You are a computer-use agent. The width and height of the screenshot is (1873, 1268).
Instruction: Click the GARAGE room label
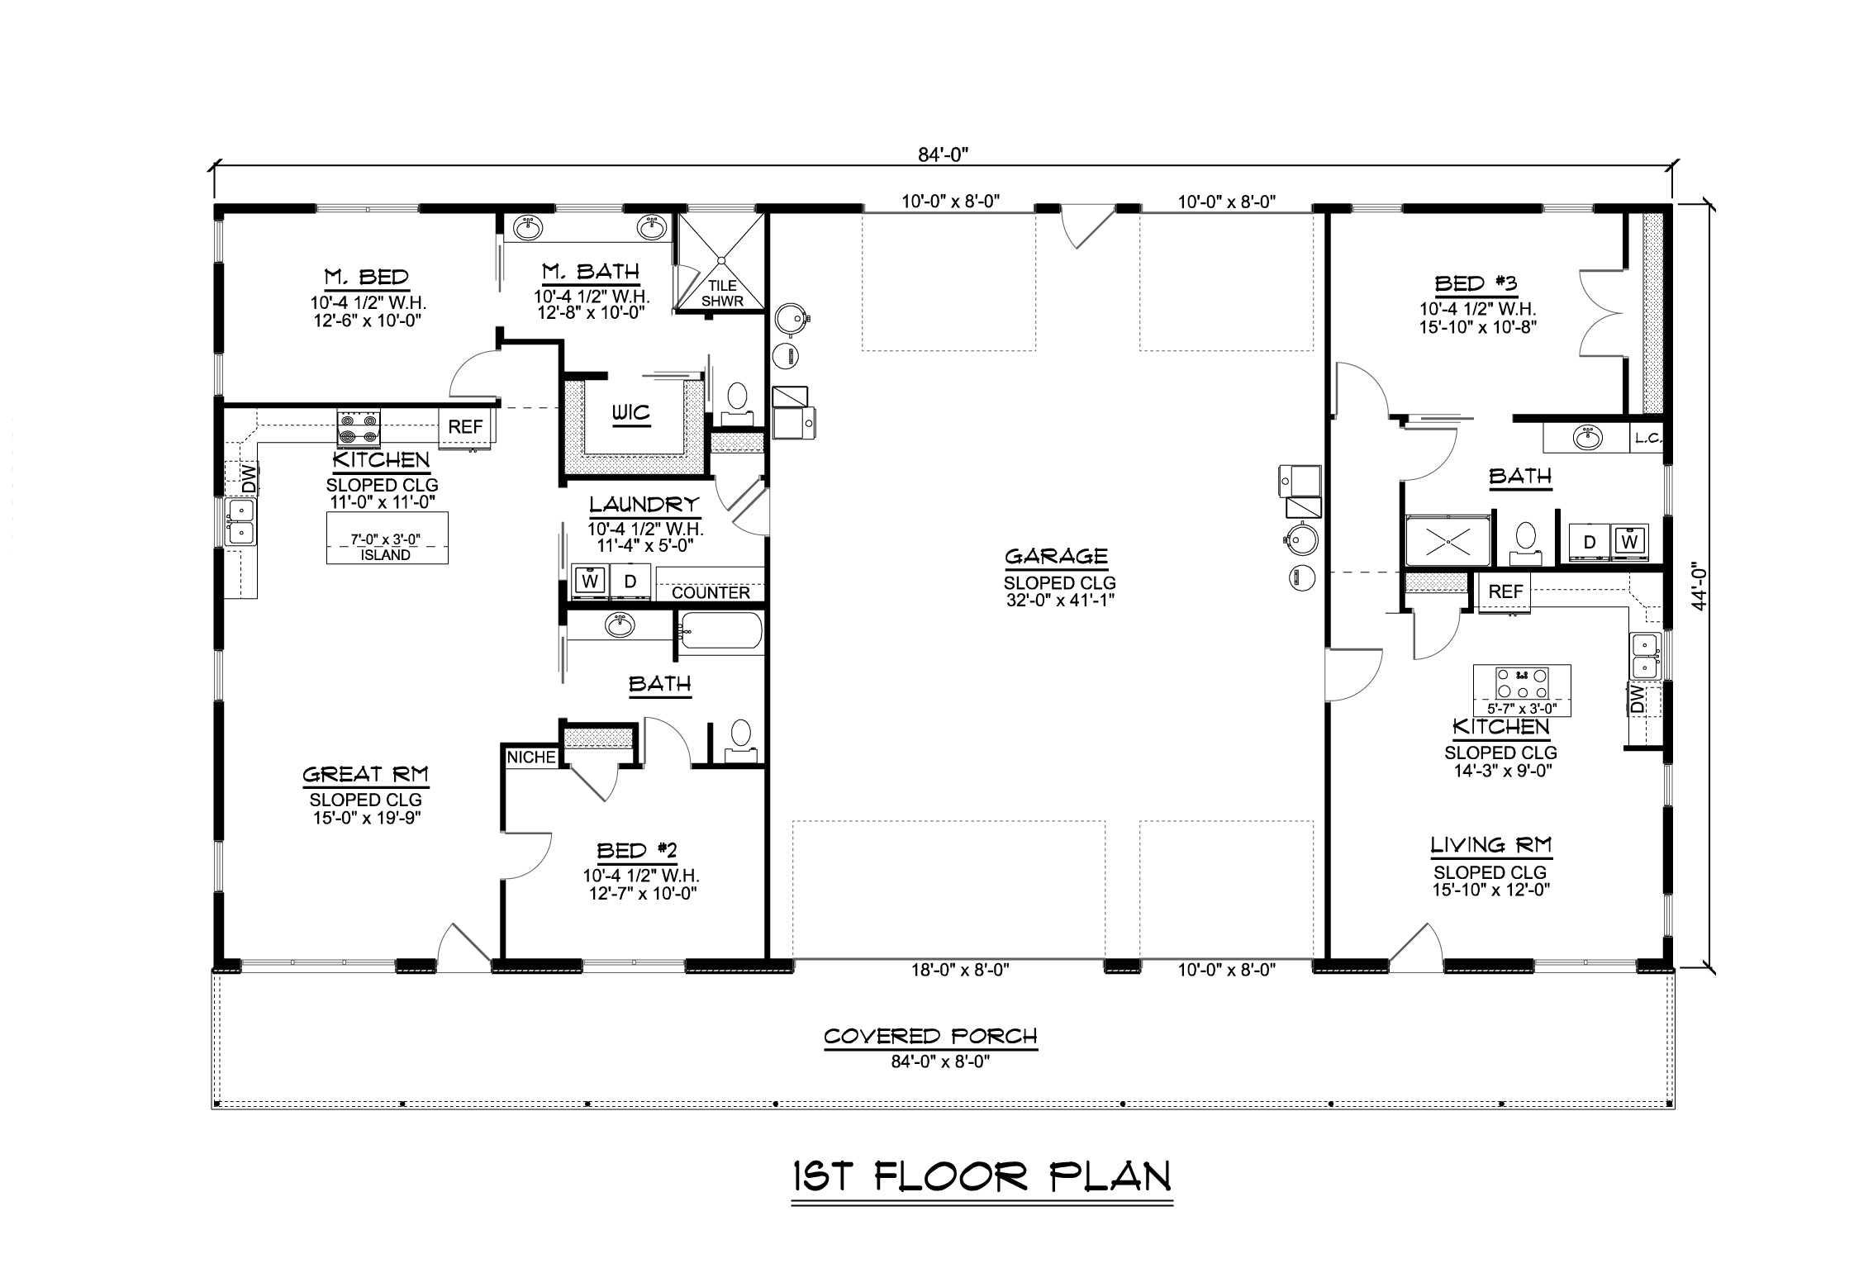pyautogui.click(x=1056, y=557)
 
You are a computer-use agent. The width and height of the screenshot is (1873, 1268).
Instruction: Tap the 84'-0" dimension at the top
pyautogui.click(x=943, y=154)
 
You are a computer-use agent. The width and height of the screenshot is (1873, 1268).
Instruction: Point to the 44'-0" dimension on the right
pyautogui.click(x=1699, y=587)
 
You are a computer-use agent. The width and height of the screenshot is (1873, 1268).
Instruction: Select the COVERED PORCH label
pyautogui.click(x=930, y=1036)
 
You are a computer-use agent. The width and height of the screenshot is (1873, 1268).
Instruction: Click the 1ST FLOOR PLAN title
pyautogui.click(x=982, y=1176)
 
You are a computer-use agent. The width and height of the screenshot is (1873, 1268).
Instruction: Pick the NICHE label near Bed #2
pyautogui.click(x=531, y=757)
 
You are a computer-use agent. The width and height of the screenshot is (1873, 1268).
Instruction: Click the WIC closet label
pyautogui.click(x=631, y=412)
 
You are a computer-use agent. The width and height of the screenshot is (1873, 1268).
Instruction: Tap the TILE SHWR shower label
pyautogui.click(x=722, y=293)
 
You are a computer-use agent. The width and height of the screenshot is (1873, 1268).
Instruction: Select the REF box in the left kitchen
pyautogui.click(x=465, y=427)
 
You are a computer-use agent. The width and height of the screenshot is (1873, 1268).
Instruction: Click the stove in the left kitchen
pyautogui.click(x=359, y=430)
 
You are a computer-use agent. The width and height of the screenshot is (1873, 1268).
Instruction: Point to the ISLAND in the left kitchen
pyautogui.click(x=387, y=538)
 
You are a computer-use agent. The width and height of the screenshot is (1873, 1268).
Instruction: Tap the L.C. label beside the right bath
pyautogui.click(x=1647, y=439)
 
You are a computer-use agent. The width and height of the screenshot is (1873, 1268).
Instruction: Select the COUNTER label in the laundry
pyautogui.click(x=711, y=592)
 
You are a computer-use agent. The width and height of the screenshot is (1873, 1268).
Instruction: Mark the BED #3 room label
pyautogui.click(x=1476, y=284)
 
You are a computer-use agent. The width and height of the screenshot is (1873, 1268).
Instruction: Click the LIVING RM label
pyautogui.click(x=1491, y=845)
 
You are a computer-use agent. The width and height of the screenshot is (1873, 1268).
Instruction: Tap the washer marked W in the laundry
pyautogui.click(x=590, y=581)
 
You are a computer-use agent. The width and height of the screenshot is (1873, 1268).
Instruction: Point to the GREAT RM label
pyautogui.click(x=365, y=774)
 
